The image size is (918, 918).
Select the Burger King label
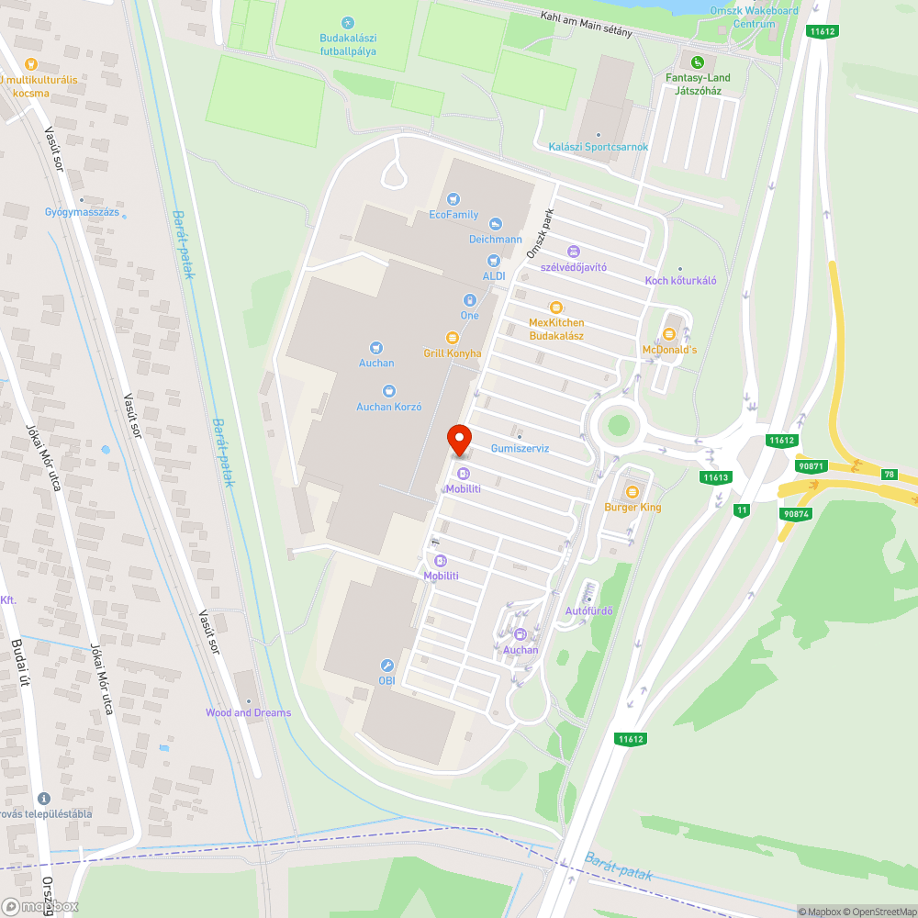tap(632, 507)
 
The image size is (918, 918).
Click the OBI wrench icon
tap(386, 666)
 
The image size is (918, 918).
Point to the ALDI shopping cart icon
tap(494, 262)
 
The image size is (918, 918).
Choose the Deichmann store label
tap(495, 239)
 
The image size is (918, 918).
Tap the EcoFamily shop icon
tap(453, 199)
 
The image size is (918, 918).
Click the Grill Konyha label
tap(452, 353)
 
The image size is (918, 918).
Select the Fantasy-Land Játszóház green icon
tap(698, 62)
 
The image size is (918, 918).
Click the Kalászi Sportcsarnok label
tap(598, 147)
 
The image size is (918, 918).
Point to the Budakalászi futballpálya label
tap(348, 45)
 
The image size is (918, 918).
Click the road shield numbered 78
tap(889, 474)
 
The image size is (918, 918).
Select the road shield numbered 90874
tap(794, 513)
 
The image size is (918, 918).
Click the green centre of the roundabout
tap(619, 425)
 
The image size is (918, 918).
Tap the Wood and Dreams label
tap(248, 712)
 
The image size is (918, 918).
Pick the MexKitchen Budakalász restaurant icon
tap(554, 308)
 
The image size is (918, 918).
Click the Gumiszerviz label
tap(520, 448)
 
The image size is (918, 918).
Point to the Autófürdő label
tap(588, 610)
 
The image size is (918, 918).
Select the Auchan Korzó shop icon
tap(388, 391)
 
